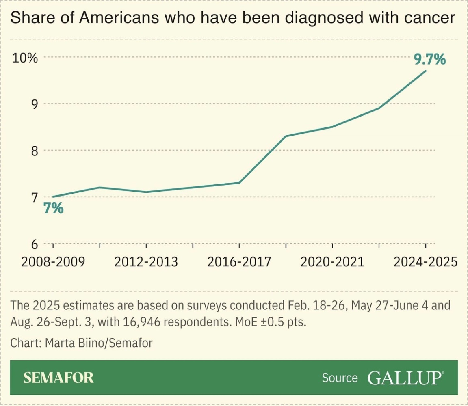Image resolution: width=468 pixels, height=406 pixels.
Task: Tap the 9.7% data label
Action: point(429,60)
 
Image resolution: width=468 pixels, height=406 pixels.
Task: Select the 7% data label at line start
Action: point(53,209)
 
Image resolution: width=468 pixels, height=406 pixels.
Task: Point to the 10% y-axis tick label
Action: point(25,58)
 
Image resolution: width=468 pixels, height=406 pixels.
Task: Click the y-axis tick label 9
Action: point(34,104)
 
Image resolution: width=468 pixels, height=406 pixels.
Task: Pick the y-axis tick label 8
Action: point(34,151)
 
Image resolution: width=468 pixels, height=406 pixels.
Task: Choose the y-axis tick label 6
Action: point(34,244)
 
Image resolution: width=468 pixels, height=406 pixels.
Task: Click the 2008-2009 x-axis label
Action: point(53,262)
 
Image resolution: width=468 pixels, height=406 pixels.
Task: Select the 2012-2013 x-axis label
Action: point(146,262)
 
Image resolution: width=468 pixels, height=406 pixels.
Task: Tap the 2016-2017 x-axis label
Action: point(239,262)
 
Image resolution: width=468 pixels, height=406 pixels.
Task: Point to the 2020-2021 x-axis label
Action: point(332,262)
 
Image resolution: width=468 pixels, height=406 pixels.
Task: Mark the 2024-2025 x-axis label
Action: point(425,262)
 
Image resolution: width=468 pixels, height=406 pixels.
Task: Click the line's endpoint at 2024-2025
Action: point(425,71)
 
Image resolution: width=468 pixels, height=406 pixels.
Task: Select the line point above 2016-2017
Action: point(239,183)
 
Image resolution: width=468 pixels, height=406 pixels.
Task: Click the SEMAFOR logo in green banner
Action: point(58,378)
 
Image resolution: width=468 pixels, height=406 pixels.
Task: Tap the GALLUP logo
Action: point(405,378)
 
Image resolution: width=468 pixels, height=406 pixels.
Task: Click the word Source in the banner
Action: point(340,378)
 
